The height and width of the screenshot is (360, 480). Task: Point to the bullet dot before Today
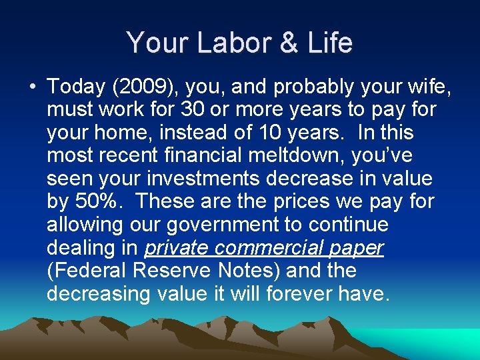click(x=33, y=87)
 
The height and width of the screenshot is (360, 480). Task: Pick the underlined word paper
click(x=359, y=248)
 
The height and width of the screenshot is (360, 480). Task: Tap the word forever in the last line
click(x=303, y=294)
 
